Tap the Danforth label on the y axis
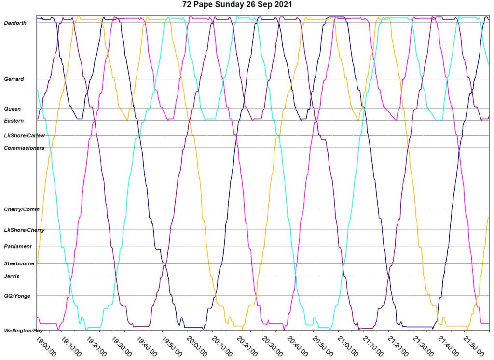(15, 23)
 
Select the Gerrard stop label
(14, 79)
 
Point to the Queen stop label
(12, 109)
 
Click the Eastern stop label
(14, 120)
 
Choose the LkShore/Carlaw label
(24, 136)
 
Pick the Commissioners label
(24, 148)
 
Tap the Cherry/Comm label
(22, 209)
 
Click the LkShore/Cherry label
(24, 230)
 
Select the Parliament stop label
(18, 246)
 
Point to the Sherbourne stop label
(18, 263)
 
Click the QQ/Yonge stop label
(17, 296)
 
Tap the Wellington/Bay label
(24, 331)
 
